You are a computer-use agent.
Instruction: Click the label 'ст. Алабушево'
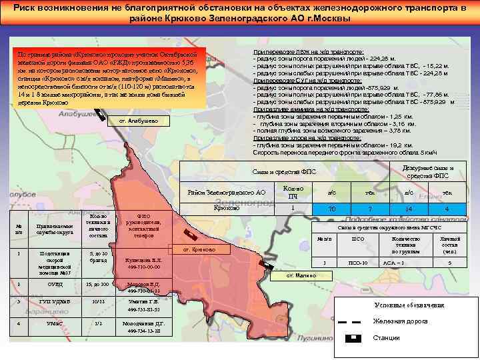tap(138, 121)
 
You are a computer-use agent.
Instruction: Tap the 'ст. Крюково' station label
tap(195, 249)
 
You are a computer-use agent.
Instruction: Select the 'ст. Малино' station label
tap(301, 275)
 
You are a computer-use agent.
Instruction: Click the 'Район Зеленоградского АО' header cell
tap(227, 193)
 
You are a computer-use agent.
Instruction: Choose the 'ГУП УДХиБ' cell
tap(57, 302)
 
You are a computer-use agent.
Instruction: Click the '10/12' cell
tap(98, 302)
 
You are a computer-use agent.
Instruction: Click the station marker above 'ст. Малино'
tap(264, 265)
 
